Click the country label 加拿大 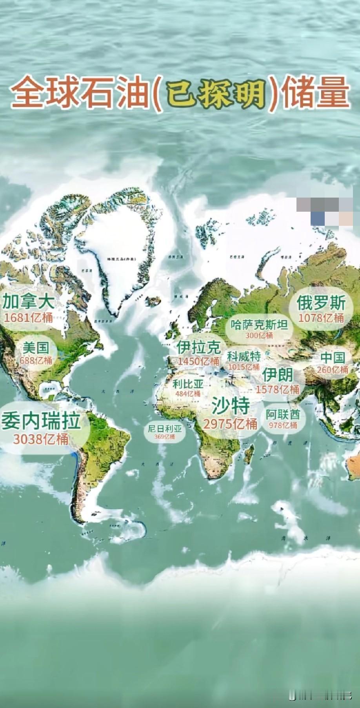[x=28, y=302]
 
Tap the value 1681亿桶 [x=28, y=317]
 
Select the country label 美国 [x=36, y=348]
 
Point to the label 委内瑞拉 [x=41, y=421]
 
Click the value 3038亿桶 [x=41, y=439]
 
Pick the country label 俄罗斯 [x=321, y=303]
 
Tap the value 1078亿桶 [x=321, y=318]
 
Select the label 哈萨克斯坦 [x=259, y=325]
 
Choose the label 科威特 [x=244, y=356]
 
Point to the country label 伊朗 [x=278, y=375]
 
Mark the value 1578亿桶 [x=278, y=389]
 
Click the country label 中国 [x=333, y=358]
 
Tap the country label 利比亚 [x=188, y=384]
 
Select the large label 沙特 [x=231, y=405]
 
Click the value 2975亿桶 [x=230, y=423]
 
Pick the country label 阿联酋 [x=283, y=414]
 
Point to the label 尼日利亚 [x=165, y=429]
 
